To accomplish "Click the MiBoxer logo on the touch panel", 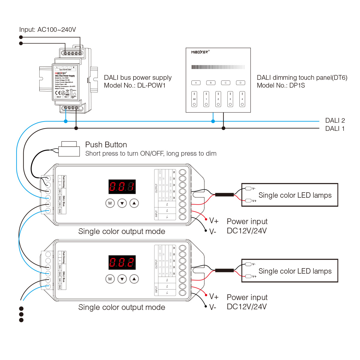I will [200, 52].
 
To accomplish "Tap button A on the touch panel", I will [196, 83].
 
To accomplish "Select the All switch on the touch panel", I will [194, 99].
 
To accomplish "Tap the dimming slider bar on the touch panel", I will [218, 67].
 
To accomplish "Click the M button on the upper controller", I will [110, 203].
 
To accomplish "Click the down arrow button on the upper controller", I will [122, 203].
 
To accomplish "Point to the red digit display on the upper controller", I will [122, 187].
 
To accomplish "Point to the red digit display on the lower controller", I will [122, 262].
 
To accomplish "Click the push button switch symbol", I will [69, 149].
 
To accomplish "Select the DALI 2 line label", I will [335, 121].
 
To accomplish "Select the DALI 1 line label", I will [335, 129].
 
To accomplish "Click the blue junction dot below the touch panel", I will [213, 121].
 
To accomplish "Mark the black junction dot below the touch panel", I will [223, 128].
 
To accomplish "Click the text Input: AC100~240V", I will [47, 30].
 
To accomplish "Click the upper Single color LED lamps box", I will [290, 195].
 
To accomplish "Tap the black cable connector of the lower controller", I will [224, 271].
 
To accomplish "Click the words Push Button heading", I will [106, 145].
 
